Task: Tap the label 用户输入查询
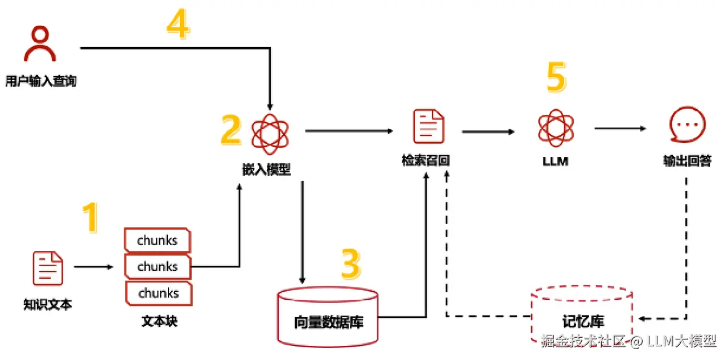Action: point(40,81)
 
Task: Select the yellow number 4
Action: point(177,25)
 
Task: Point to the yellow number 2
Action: point(231,130)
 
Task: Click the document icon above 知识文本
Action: point(48,270)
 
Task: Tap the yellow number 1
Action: point(89,218)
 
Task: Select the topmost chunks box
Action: point(158,240)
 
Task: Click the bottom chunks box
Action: point(158,293)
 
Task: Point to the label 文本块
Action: point(159,321)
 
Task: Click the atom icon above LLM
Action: point(556,127)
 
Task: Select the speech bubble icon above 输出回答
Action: point(687,126)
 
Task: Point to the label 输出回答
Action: point(687,161)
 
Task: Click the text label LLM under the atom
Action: point(556,162)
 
